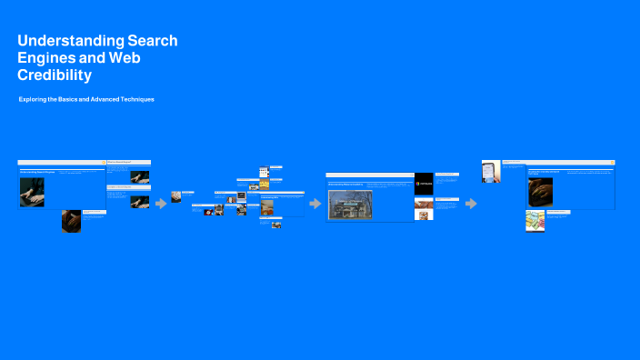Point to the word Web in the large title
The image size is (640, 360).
coord(125,58)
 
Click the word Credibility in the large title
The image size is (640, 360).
coord(55,75)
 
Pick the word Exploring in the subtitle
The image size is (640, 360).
coord(33,98)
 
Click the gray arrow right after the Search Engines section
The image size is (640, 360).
coord(161,204)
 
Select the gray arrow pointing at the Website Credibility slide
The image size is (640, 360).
coord(315,204)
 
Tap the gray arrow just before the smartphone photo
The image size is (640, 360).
coord(471,204)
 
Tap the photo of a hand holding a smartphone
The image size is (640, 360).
coord(491,172)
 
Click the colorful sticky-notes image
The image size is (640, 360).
coord(535,221)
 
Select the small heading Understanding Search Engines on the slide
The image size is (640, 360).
coord(38,171)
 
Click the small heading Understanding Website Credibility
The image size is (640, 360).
coord(345,184)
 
